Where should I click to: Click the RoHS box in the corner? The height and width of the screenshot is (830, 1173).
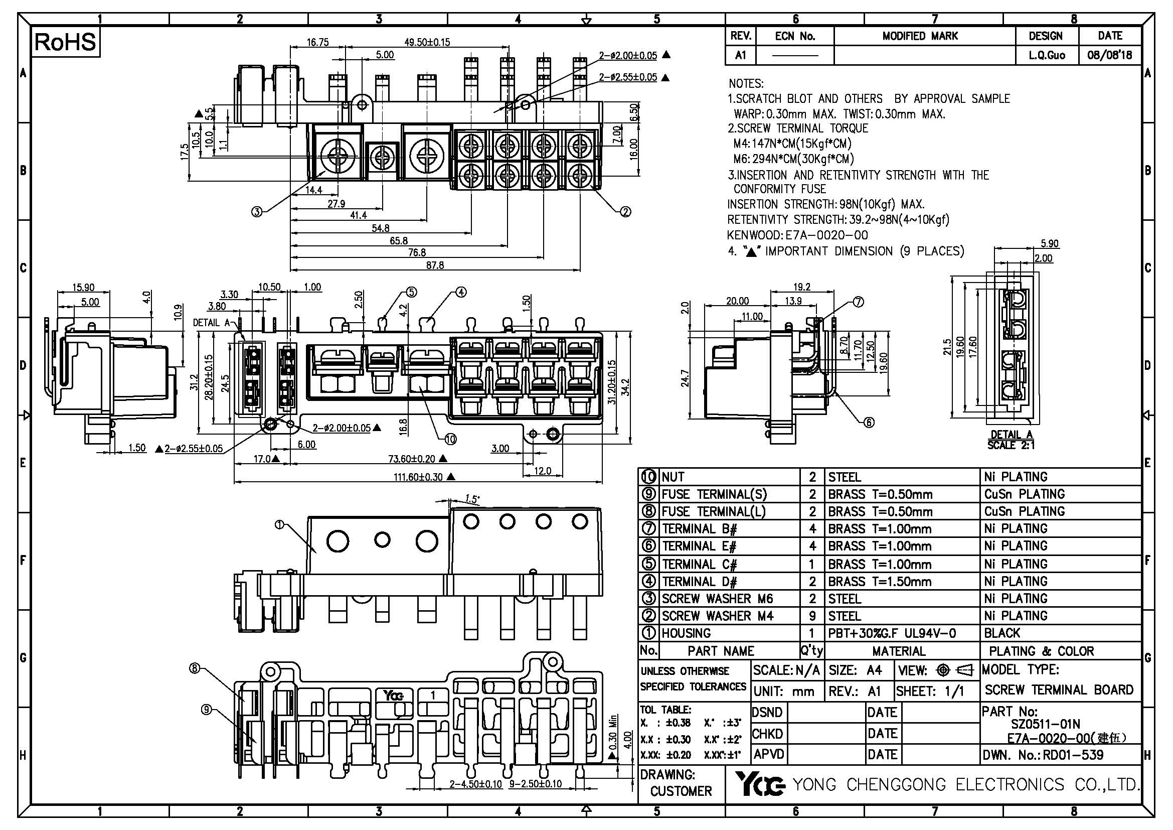pos(65,42)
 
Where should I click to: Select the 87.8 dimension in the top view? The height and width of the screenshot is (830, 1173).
pos(435,265)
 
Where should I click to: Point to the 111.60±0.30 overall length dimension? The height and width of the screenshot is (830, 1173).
pos(418,477)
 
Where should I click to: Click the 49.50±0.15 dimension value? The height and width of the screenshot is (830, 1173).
pos(427,42)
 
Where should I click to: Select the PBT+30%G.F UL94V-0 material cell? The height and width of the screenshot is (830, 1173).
pos(892,633)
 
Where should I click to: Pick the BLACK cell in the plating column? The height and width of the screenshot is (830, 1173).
pos(1002,633)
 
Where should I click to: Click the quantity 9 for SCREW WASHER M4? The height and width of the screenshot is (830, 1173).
pos(812,616)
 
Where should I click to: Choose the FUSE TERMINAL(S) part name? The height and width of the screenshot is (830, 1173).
pos(714,494)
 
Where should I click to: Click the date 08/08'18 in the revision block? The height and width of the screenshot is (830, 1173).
pos(1110,55)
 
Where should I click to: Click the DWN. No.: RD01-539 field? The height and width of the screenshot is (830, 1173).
pos(1043,755)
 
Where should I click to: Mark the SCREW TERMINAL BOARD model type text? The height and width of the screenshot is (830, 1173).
pos(1059,690)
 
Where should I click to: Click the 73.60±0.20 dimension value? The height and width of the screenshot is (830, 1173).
pos(412,459)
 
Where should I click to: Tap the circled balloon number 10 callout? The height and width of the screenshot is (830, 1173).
pos(450,439)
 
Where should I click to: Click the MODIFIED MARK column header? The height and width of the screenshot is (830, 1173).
pos(920,36)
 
